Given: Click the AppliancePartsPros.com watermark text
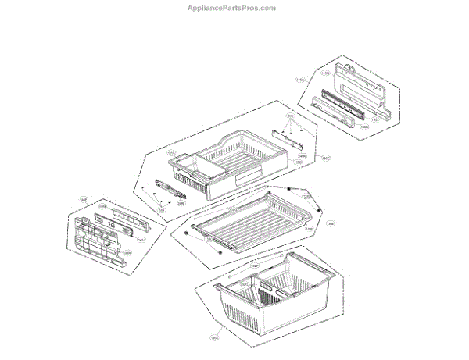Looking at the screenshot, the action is [234, 8].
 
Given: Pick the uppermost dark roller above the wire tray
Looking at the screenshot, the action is [289, 190].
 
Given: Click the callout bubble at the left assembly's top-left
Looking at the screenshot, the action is [84, 200].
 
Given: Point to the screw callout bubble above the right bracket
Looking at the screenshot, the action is [290, 117].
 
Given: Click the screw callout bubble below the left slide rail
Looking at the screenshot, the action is [162, 209].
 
